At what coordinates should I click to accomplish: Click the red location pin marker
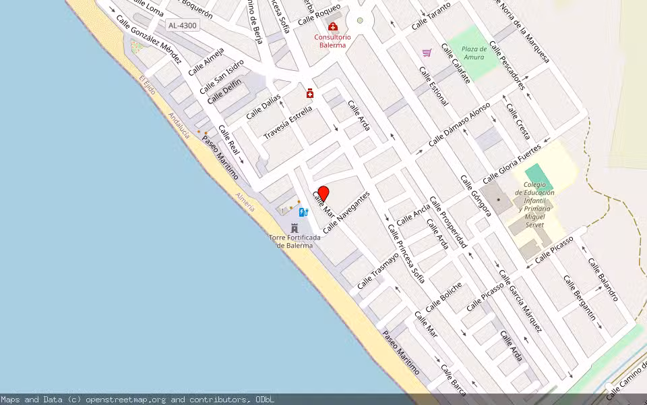[323, 194]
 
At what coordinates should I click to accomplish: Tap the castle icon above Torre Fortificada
[295, 228]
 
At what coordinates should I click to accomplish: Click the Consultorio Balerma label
[332, 41]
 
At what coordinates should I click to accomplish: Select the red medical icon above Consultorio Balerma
[333, 26]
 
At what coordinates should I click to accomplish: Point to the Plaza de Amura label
[474, 53]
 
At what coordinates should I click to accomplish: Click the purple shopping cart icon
[427, 53]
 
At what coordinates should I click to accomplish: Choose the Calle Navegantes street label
[346, 212]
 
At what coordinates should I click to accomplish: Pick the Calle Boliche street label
[444, 296]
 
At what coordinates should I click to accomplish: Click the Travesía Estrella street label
[288, 122]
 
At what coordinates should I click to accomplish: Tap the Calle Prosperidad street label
[448, 222]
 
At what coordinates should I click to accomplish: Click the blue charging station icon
[303, 212]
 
